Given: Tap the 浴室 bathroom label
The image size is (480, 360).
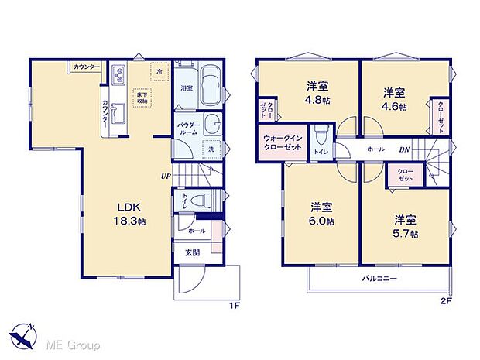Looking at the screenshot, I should [187, 89].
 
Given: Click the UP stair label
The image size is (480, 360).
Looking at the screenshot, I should [166, 176].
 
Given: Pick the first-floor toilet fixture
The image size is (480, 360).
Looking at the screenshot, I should [203, 200].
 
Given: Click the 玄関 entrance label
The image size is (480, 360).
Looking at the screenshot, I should [192, 252].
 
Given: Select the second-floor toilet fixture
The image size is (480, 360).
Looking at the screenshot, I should [321, 138].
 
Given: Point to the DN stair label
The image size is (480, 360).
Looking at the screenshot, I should [404, 149].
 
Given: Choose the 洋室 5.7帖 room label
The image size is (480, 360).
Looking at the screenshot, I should [405, 226].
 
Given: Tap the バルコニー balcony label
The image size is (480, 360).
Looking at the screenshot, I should [379, 277].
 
